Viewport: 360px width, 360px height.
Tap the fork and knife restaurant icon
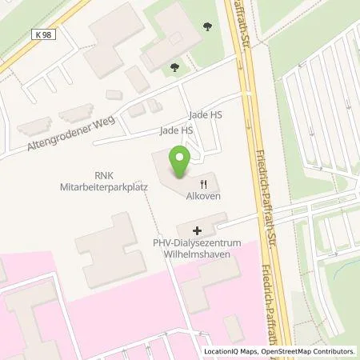pyautogui.click(x=204, y=182)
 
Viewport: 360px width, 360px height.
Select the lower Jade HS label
pyautogui.click(x=176, y=130)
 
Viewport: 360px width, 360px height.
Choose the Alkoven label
pyautogui.click(x=204, y=195)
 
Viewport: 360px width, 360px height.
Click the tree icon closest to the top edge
pyautogui.click(x=210, y=26)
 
